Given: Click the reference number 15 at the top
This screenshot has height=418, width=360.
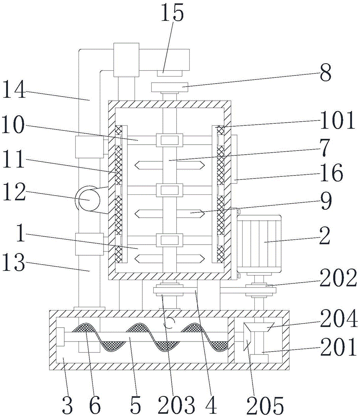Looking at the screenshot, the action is tap(172, 13).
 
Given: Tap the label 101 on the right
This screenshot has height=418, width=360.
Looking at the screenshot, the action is tap(337, 120).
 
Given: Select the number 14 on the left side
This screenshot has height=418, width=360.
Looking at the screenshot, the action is tap(14, 90).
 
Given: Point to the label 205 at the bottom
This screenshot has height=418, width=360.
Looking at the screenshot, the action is tap(265, 405).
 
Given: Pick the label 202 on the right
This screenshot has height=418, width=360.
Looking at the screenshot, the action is tap(338, 278).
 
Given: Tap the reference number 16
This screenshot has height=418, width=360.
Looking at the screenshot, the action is tap(332, 173).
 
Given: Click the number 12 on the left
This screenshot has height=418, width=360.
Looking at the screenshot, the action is tap(14, 192).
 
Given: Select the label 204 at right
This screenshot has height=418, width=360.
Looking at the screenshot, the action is tap(339, 318).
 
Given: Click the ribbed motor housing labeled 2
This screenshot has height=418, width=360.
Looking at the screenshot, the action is tap(259, 243).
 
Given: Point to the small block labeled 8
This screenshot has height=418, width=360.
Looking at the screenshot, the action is tap(170, 87).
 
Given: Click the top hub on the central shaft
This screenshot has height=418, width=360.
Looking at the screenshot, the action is tap(170, 140).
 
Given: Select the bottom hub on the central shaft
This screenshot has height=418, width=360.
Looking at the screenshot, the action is tap(170, 240).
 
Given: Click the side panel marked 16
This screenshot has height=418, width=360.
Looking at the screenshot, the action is tap(234, 159).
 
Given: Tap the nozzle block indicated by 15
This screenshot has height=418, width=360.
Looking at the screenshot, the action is tap(169, 73).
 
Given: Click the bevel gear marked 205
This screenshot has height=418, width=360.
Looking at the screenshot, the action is tap(247, 337).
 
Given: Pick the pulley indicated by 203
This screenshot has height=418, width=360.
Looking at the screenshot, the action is tap(169, 290).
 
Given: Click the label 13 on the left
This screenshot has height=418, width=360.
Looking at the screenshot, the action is tap(14, 263).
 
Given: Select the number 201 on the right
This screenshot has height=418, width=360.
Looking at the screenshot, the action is tap(338, 347).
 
